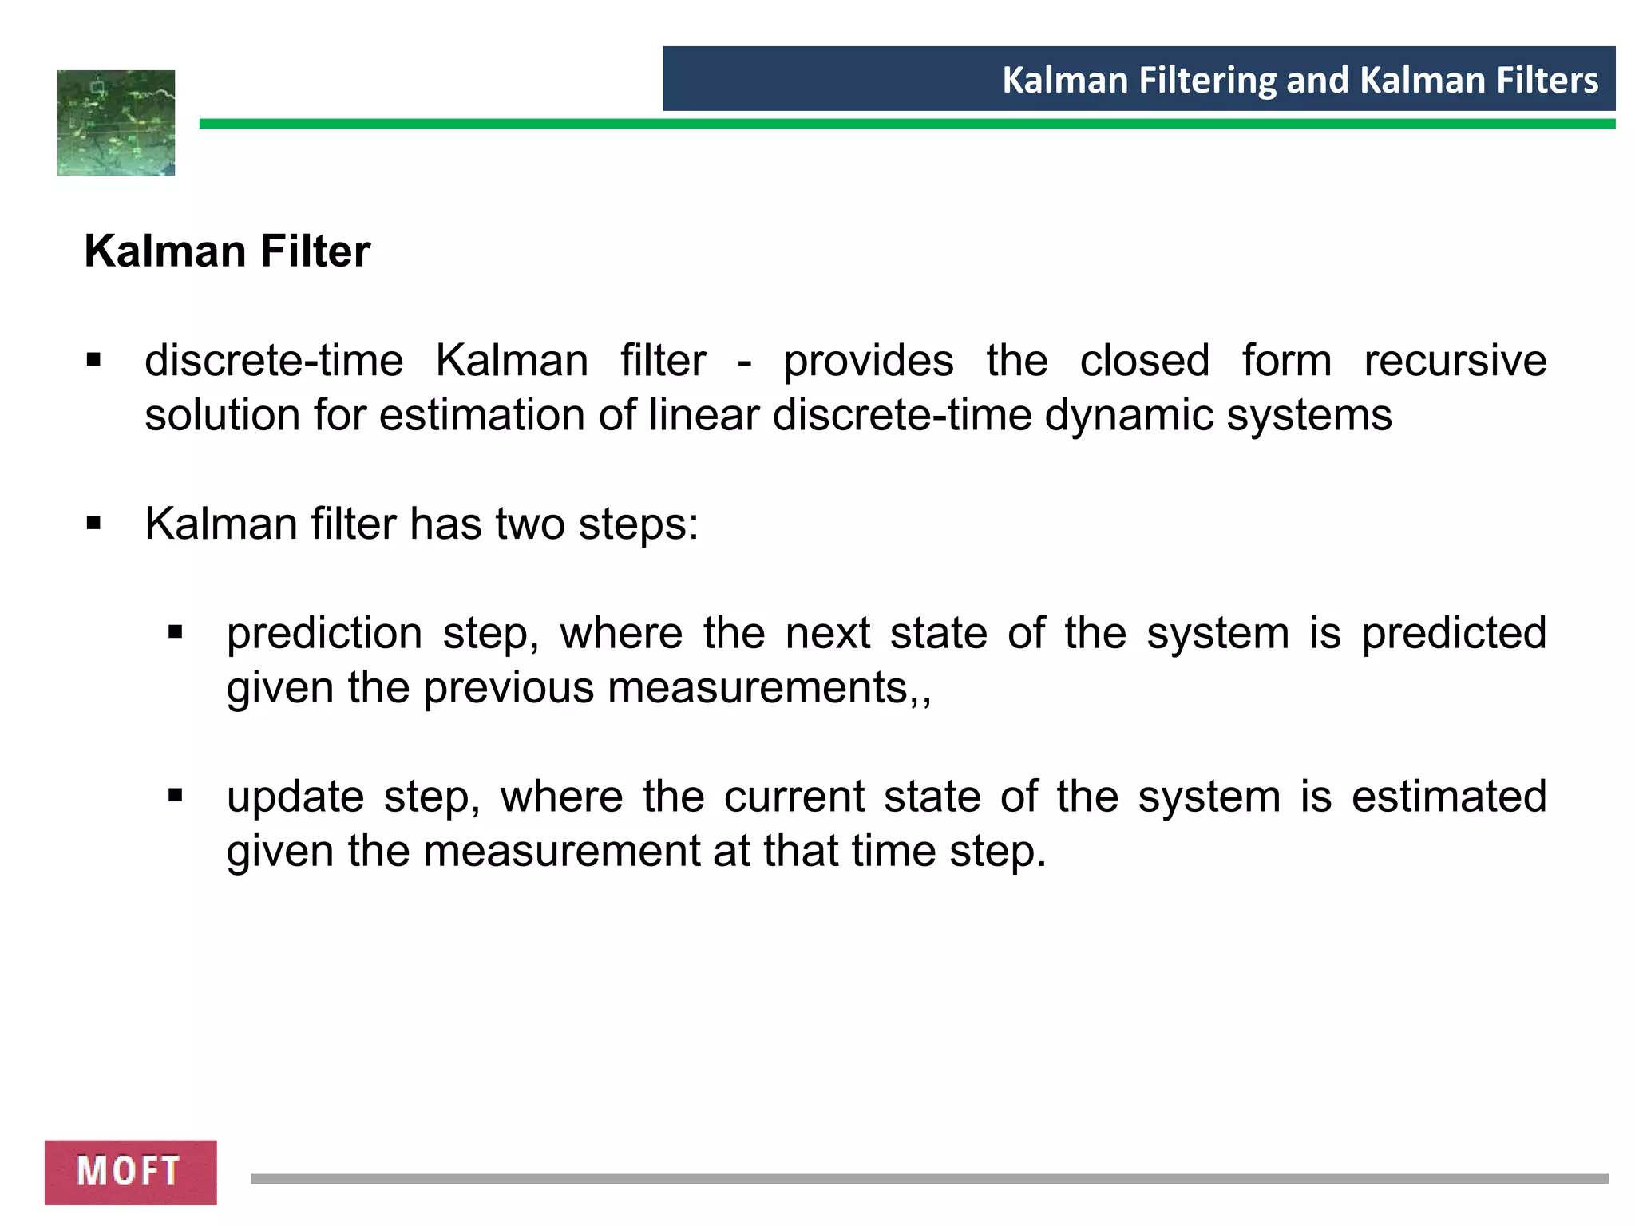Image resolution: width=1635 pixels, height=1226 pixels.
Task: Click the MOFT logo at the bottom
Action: tap(130, 1171)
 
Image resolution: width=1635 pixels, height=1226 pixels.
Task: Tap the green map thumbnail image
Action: tap(117, 123)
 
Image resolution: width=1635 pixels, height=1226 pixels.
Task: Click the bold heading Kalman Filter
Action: tap(228, 251)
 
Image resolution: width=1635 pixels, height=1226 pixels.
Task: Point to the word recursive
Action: tap(1455, 361)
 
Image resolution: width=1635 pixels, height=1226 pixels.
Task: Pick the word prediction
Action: tap(324, 634)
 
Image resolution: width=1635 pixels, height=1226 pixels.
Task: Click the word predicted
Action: tap(1454, 634)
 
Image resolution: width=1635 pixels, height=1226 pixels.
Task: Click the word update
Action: tap(295, 797)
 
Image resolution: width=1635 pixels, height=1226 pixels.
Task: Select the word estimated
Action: tap(1449, 797)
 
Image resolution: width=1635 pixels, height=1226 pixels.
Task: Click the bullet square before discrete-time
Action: tap(94, 360)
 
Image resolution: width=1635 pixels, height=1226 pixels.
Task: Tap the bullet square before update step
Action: tap(176, 796)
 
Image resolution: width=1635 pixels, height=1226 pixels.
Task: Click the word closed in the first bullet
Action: tap(1144, 361)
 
